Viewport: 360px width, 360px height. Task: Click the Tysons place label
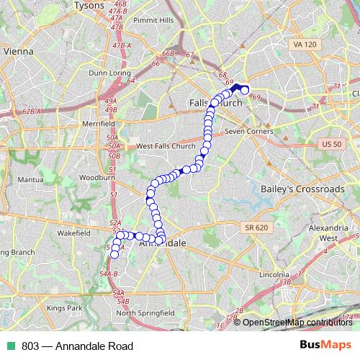click(89, 6)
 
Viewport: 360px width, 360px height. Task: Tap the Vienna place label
click(19, 52)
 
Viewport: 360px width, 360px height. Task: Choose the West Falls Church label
click(166, 146)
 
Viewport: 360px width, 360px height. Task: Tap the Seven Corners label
click(248, 132)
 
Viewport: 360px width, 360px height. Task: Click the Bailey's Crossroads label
click(301, 189)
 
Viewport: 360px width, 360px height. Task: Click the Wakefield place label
click(73, 233)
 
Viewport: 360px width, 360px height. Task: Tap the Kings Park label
click(66, 307)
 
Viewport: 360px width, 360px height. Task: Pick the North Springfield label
click(145, 313)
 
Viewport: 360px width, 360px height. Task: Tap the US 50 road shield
click(331, 144)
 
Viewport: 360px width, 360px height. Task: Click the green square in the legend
click(10, 345)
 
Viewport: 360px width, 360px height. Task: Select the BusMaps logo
click(325, 345)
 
